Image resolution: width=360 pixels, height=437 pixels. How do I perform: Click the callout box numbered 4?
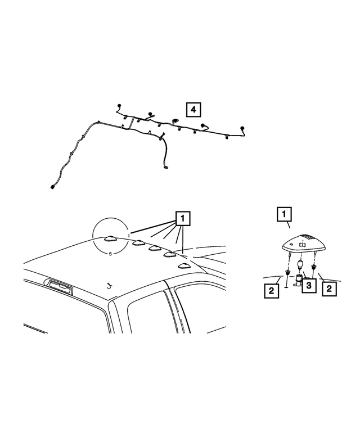(192, 110)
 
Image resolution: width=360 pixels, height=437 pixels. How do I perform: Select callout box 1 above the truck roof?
(183, 218)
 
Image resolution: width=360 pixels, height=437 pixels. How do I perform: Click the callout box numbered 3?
(308, 286)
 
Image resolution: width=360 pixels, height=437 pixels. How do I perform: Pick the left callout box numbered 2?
(272, 291)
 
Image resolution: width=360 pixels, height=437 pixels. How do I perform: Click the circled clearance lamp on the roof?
(110, 238)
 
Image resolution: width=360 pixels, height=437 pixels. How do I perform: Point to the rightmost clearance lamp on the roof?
(183, 265)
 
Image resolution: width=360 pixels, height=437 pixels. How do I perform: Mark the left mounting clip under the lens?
(289, 273)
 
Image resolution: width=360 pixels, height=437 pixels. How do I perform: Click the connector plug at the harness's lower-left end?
(53, 188)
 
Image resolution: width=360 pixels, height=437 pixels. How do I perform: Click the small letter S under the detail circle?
(110, 254)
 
